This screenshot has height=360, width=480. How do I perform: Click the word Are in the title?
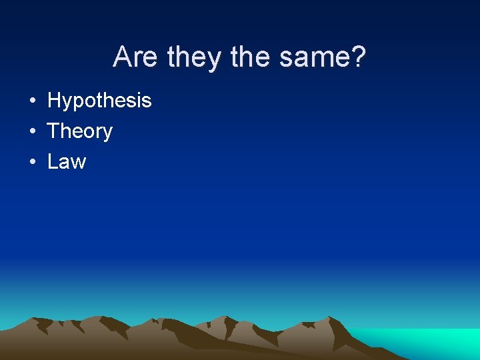coord(137,57)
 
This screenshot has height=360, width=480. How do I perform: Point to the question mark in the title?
coord(359,57)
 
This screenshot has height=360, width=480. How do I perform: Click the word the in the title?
coord(251,57)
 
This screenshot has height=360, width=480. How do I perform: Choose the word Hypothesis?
coord(99,101)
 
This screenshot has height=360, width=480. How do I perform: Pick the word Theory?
coord(80,131)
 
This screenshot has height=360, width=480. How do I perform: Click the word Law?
coord(67,161)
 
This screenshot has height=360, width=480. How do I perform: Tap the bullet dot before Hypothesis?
coord(32,101)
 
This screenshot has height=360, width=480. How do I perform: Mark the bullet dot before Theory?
coord(32,131)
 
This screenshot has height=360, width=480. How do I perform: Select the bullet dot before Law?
coord(32,161)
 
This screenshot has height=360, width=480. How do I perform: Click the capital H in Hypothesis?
coord(54,101)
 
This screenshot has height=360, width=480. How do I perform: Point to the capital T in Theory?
coord(53,131)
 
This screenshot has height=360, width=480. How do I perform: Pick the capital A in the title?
coord(121,57)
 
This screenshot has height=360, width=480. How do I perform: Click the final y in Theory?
coord(107,133)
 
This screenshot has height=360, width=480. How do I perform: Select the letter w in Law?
coord(79,163)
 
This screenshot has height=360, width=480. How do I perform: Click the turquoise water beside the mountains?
coord(427,343)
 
